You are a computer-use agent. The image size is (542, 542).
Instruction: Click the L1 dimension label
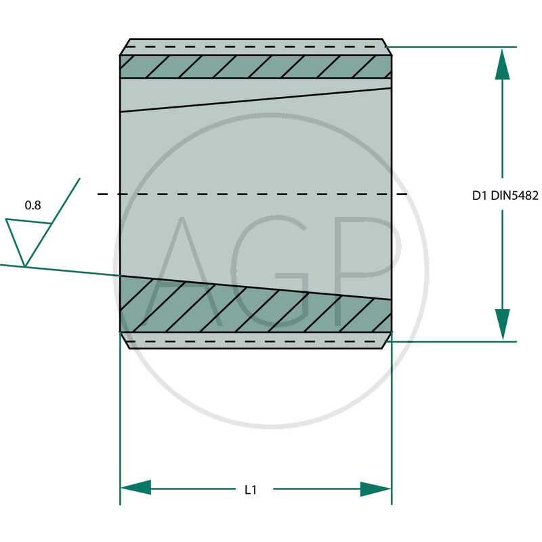250,489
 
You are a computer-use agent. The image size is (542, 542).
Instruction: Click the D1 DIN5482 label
505,196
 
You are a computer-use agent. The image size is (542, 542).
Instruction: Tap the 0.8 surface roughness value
32,205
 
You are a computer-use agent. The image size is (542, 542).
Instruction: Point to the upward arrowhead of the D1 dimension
502,65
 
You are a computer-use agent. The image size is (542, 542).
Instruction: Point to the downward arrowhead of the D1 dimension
502,324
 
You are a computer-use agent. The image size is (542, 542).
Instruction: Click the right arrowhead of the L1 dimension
376,488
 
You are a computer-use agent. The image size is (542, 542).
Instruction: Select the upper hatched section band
255,66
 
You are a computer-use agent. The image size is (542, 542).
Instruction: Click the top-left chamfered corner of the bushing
125,47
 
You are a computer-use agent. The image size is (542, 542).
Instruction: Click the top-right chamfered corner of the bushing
388,47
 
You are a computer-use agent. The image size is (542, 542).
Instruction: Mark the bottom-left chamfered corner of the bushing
125,340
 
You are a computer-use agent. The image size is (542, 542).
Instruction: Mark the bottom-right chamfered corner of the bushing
388,340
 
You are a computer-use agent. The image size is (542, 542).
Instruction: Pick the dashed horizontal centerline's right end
404,194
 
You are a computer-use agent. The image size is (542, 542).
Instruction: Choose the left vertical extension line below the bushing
120,420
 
